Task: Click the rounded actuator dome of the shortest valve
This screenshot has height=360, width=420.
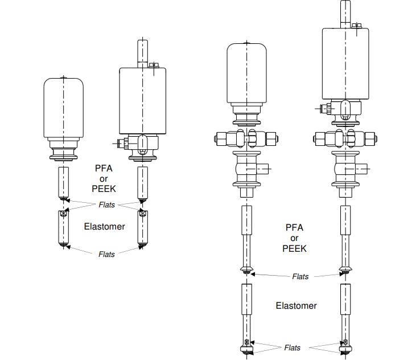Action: (x=64, y=108)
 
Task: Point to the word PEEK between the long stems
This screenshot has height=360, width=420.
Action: (x=294, y=248)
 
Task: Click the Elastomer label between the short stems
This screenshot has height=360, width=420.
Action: (x=104, y=226)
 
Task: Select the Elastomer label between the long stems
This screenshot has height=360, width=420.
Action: (x=296, y=306)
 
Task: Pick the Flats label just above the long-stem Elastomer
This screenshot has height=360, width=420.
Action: (x=300, y=277)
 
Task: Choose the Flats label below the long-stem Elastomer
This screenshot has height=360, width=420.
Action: (x=293, y=347)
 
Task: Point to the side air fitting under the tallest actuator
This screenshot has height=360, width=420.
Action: (x=323, y=108)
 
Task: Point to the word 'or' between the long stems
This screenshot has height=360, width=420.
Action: (x=294, y=238)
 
